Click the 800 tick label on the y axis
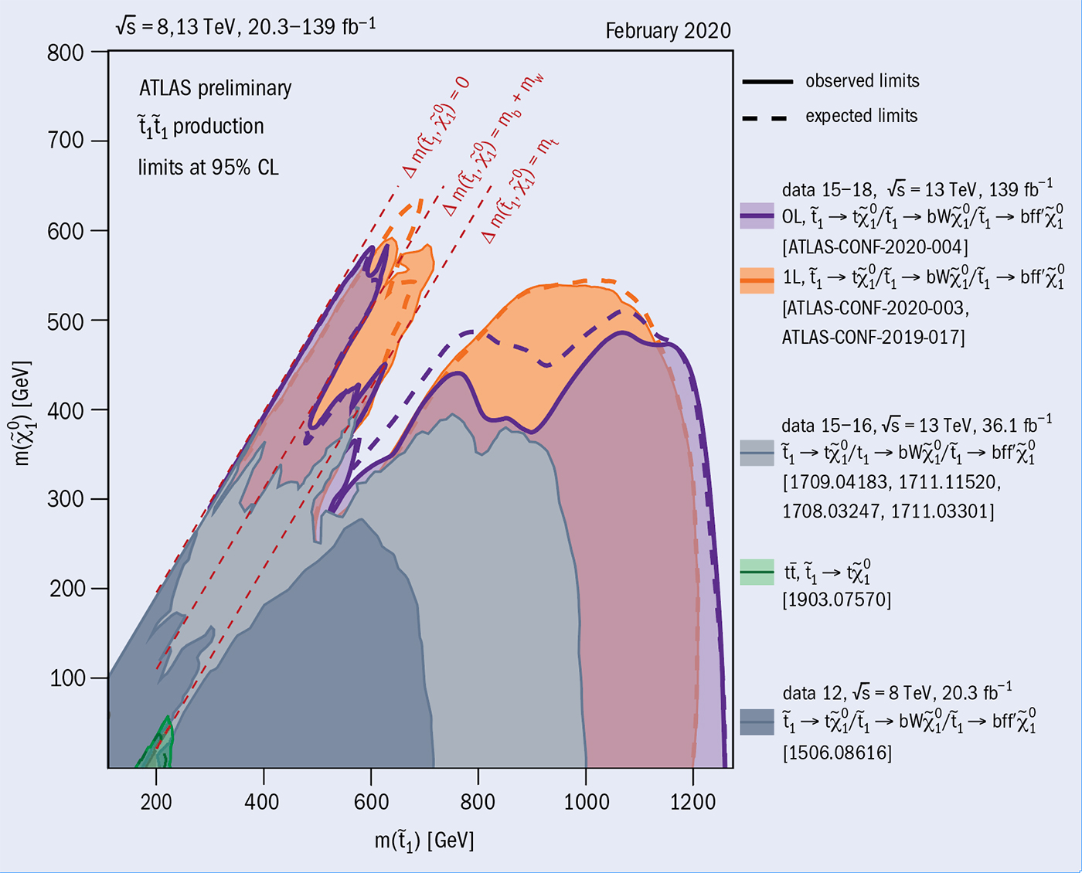click(x=66, y=53)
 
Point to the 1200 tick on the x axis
click(x=693, y=802)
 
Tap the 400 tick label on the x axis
click(x=263, y=802)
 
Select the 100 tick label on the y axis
click(x=67, y=678)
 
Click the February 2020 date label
click(x=668, y=31)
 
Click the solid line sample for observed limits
click(x=767, y=81)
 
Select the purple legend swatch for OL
click(x=757, y=216)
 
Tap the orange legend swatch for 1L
click(x=757, y=280)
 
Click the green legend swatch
click(x=757, y=572)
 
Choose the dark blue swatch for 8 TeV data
click(x=757, y=722)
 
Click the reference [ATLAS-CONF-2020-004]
click(x=875, y=246)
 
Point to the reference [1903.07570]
click(x=836, y=600)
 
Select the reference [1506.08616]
click(x=837, y=752)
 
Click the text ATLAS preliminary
click(x=215, y=88)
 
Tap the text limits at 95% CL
click(x=208, y=167)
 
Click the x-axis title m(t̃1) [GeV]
click(x=424, y=841)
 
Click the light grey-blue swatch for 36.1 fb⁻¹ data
click(x=757, y=453)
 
